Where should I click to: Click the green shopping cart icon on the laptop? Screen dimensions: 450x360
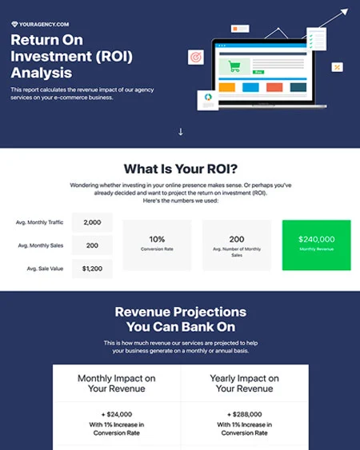coord(234,66)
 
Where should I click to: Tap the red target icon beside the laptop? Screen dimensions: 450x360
coord(194,58)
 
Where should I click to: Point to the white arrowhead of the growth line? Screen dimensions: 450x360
coord(344,12)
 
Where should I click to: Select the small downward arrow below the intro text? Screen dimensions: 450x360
coord(181,131)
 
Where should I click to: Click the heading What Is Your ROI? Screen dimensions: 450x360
coord(180,169)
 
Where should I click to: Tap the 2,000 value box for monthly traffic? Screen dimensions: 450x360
coord(92,222)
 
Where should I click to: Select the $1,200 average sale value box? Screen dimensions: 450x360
coord(92,269)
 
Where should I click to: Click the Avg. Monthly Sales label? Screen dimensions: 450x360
coord(39,245)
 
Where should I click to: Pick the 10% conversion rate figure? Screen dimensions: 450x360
coord(157,238)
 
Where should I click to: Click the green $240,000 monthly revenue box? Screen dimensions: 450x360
coord(316,244)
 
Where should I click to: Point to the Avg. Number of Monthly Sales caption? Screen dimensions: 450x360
coord(237,252)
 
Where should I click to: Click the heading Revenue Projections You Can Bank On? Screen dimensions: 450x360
coord(180,319)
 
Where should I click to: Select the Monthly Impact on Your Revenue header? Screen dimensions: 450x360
coord(117,383)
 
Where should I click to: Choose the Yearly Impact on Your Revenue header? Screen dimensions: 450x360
coord(244,383)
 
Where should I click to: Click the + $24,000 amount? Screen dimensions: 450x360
coord(117,415)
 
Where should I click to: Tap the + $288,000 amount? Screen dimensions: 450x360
coord(244,415)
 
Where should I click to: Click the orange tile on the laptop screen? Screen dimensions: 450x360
coord(226,87)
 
